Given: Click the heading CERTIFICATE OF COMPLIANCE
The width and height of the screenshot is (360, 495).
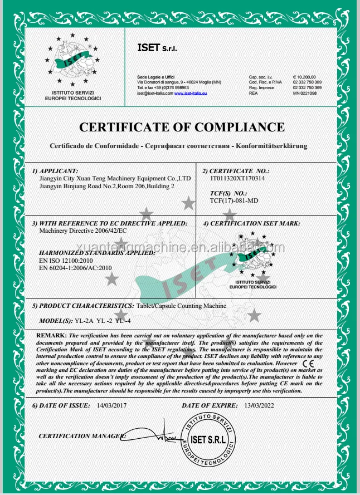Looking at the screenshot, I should (x=182, y=127).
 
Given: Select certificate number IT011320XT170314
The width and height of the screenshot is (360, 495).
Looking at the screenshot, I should (x=237, y=178).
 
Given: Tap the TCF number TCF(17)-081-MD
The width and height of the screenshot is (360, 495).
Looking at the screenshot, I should (x=234, y=200).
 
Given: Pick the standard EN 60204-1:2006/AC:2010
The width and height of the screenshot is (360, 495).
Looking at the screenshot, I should (x=76, y=268).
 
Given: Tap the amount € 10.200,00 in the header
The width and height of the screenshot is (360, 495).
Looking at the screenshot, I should (x=304, y=76).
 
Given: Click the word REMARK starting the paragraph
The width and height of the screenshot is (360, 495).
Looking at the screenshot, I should (x=51, y=335).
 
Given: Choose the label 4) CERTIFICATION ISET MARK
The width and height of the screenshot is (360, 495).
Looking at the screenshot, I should (x=251, y=223).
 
